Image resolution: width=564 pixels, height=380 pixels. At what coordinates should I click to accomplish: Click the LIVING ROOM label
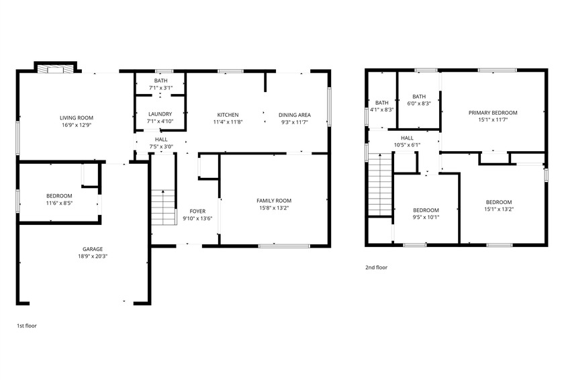(76, 117)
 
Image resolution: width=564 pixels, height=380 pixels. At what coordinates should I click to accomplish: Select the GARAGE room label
(92, 248)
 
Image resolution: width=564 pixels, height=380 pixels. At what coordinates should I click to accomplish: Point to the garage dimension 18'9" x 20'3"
(92, 256)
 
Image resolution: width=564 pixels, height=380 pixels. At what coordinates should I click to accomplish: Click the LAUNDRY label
(160, 114)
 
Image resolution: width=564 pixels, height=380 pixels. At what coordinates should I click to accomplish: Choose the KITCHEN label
(228, 115)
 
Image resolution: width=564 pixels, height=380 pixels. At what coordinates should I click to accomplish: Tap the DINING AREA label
(294, 115)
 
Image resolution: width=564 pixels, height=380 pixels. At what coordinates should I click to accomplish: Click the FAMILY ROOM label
(274, 200)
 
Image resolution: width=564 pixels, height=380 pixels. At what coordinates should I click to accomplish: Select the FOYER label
(197, 211)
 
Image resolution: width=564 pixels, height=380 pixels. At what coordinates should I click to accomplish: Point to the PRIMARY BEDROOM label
(493, 113)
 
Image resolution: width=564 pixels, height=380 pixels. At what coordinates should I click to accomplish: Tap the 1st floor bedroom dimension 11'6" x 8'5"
(59, 203)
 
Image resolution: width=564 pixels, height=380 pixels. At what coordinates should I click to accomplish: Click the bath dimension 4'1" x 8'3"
(382, 109)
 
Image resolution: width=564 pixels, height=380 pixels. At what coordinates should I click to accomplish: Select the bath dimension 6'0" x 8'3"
(419, 103)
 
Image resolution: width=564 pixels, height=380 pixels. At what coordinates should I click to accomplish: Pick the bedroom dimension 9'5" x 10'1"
(426, 217)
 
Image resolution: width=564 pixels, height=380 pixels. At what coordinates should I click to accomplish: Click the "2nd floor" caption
(376, 267)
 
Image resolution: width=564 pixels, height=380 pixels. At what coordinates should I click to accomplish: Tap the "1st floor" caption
(26, 326)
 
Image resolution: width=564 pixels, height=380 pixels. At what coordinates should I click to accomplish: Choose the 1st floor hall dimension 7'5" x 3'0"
(161, 146)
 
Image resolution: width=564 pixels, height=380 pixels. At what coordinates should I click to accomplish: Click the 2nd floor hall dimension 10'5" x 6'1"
(408, 144)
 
